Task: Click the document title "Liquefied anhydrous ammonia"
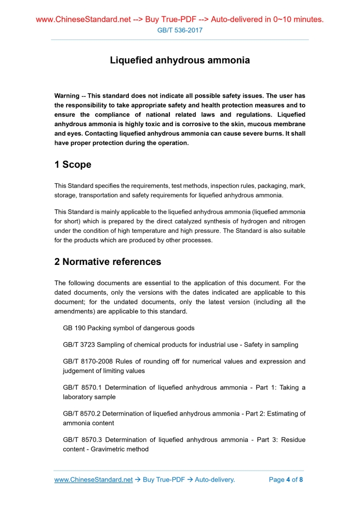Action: [180, 60]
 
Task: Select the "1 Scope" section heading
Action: [73, 165]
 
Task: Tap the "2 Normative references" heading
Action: [108, 261]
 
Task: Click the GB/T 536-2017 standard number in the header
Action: [180, 30]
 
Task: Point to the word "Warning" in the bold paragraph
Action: [68, 96]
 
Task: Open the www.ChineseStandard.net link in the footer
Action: [94, 479]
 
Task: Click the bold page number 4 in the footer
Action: [288, 479]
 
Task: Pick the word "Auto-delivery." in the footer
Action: [215, 479]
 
